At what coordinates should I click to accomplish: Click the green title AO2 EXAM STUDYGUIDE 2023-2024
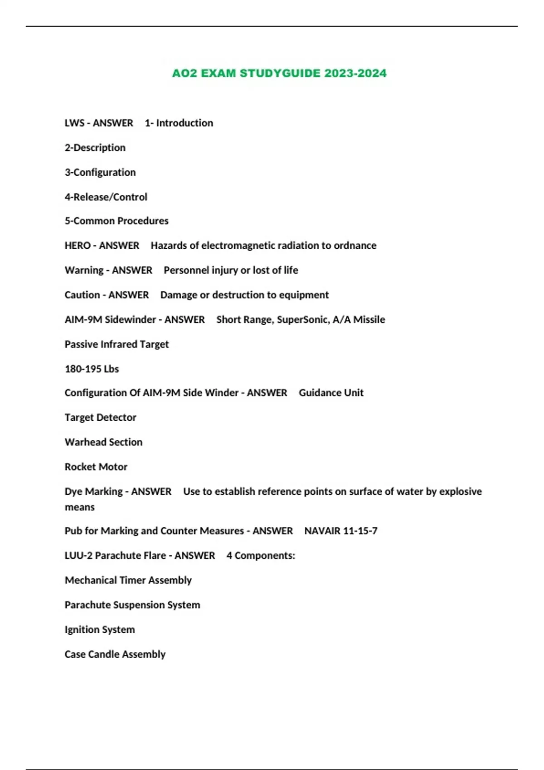279,73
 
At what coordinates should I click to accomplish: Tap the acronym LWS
74,123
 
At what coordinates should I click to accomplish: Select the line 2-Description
95,148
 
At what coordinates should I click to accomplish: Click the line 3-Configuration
100,172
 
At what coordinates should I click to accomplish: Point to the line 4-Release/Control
106,197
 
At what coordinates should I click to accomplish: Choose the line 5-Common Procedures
116,221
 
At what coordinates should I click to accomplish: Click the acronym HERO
78,245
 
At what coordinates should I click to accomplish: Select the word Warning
84,270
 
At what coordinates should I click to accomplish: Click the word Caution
82,295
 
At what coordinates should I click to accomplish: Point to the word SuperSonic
302,320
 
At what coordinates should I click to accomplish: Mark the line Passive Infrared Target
116,344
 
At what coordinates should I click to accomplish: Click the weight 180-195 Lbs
92,369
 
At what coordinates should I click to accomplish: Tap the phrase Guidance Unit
331,393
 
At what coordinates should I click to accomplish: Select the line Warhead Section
103,442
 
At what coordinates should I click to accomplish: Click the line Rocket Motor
96,467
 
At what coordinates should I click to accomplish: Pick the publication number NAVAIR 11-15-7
340,531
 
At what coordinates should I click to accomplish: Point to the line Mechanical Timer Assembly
128,580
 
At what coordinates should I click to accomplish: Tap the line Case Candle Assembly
115,654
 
